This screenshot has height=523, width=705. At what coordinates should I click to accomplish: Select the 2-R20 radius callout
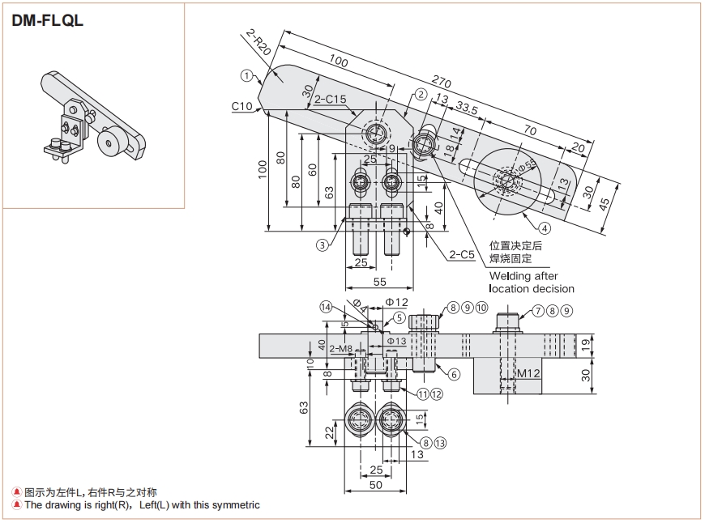[258, 41]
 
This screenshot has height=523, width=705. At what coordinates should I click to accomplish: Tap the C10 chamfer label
[241, 106]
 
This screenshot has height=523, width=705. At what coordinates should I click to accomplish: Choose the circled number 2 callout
[420, 94]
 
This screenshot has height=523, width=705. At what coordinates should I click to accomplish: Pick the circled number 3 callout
[322, 244]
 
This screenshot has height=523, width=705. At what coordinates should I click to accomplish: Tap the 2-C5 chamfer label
[461, 255]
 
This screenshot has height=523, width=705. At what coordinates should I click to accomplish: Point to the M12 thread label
[528, 373]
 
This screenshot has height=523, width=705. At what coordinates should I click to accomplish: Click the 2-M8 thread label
[340, 349]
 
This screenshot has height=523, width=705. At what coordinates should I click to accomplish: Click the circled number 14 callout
[326, 307]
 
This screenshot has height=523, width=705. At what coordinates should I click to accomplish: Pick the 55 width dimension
[379, 281]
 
